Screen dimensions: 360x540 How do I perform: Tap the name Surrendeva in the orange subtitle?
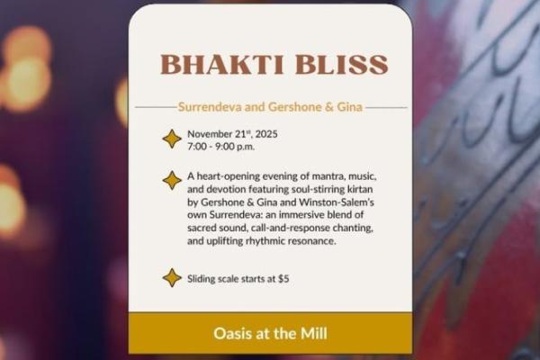[210, 107]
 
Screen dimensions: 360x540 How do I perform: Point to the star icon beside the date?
[171, 139]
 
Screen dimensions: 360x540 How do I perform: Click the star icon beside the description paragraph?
[171, 180]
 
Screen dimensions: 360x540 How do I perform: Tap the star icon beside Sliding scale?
[171, 277]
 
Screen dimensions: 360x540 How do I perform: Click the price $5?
[283, 278]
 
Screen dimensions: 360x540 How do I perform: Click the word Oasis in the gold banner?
[233, 334]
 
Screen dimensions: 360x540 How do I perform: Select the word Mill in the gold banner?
[310, 334]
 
